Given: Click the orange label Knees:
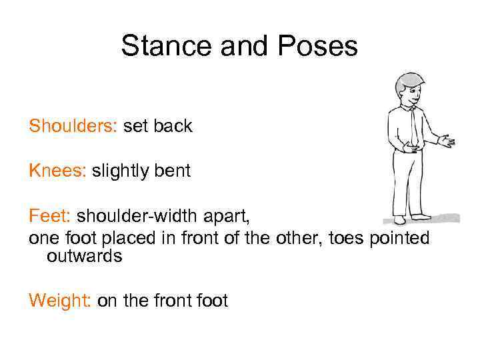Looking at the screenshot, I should click(57, 171).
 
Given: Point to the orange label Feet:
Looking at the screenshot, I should click(50, 216).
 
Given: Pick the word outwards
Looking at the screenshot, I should click(84, 256).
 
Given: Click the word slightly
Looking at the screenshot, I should click(120, 171).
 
